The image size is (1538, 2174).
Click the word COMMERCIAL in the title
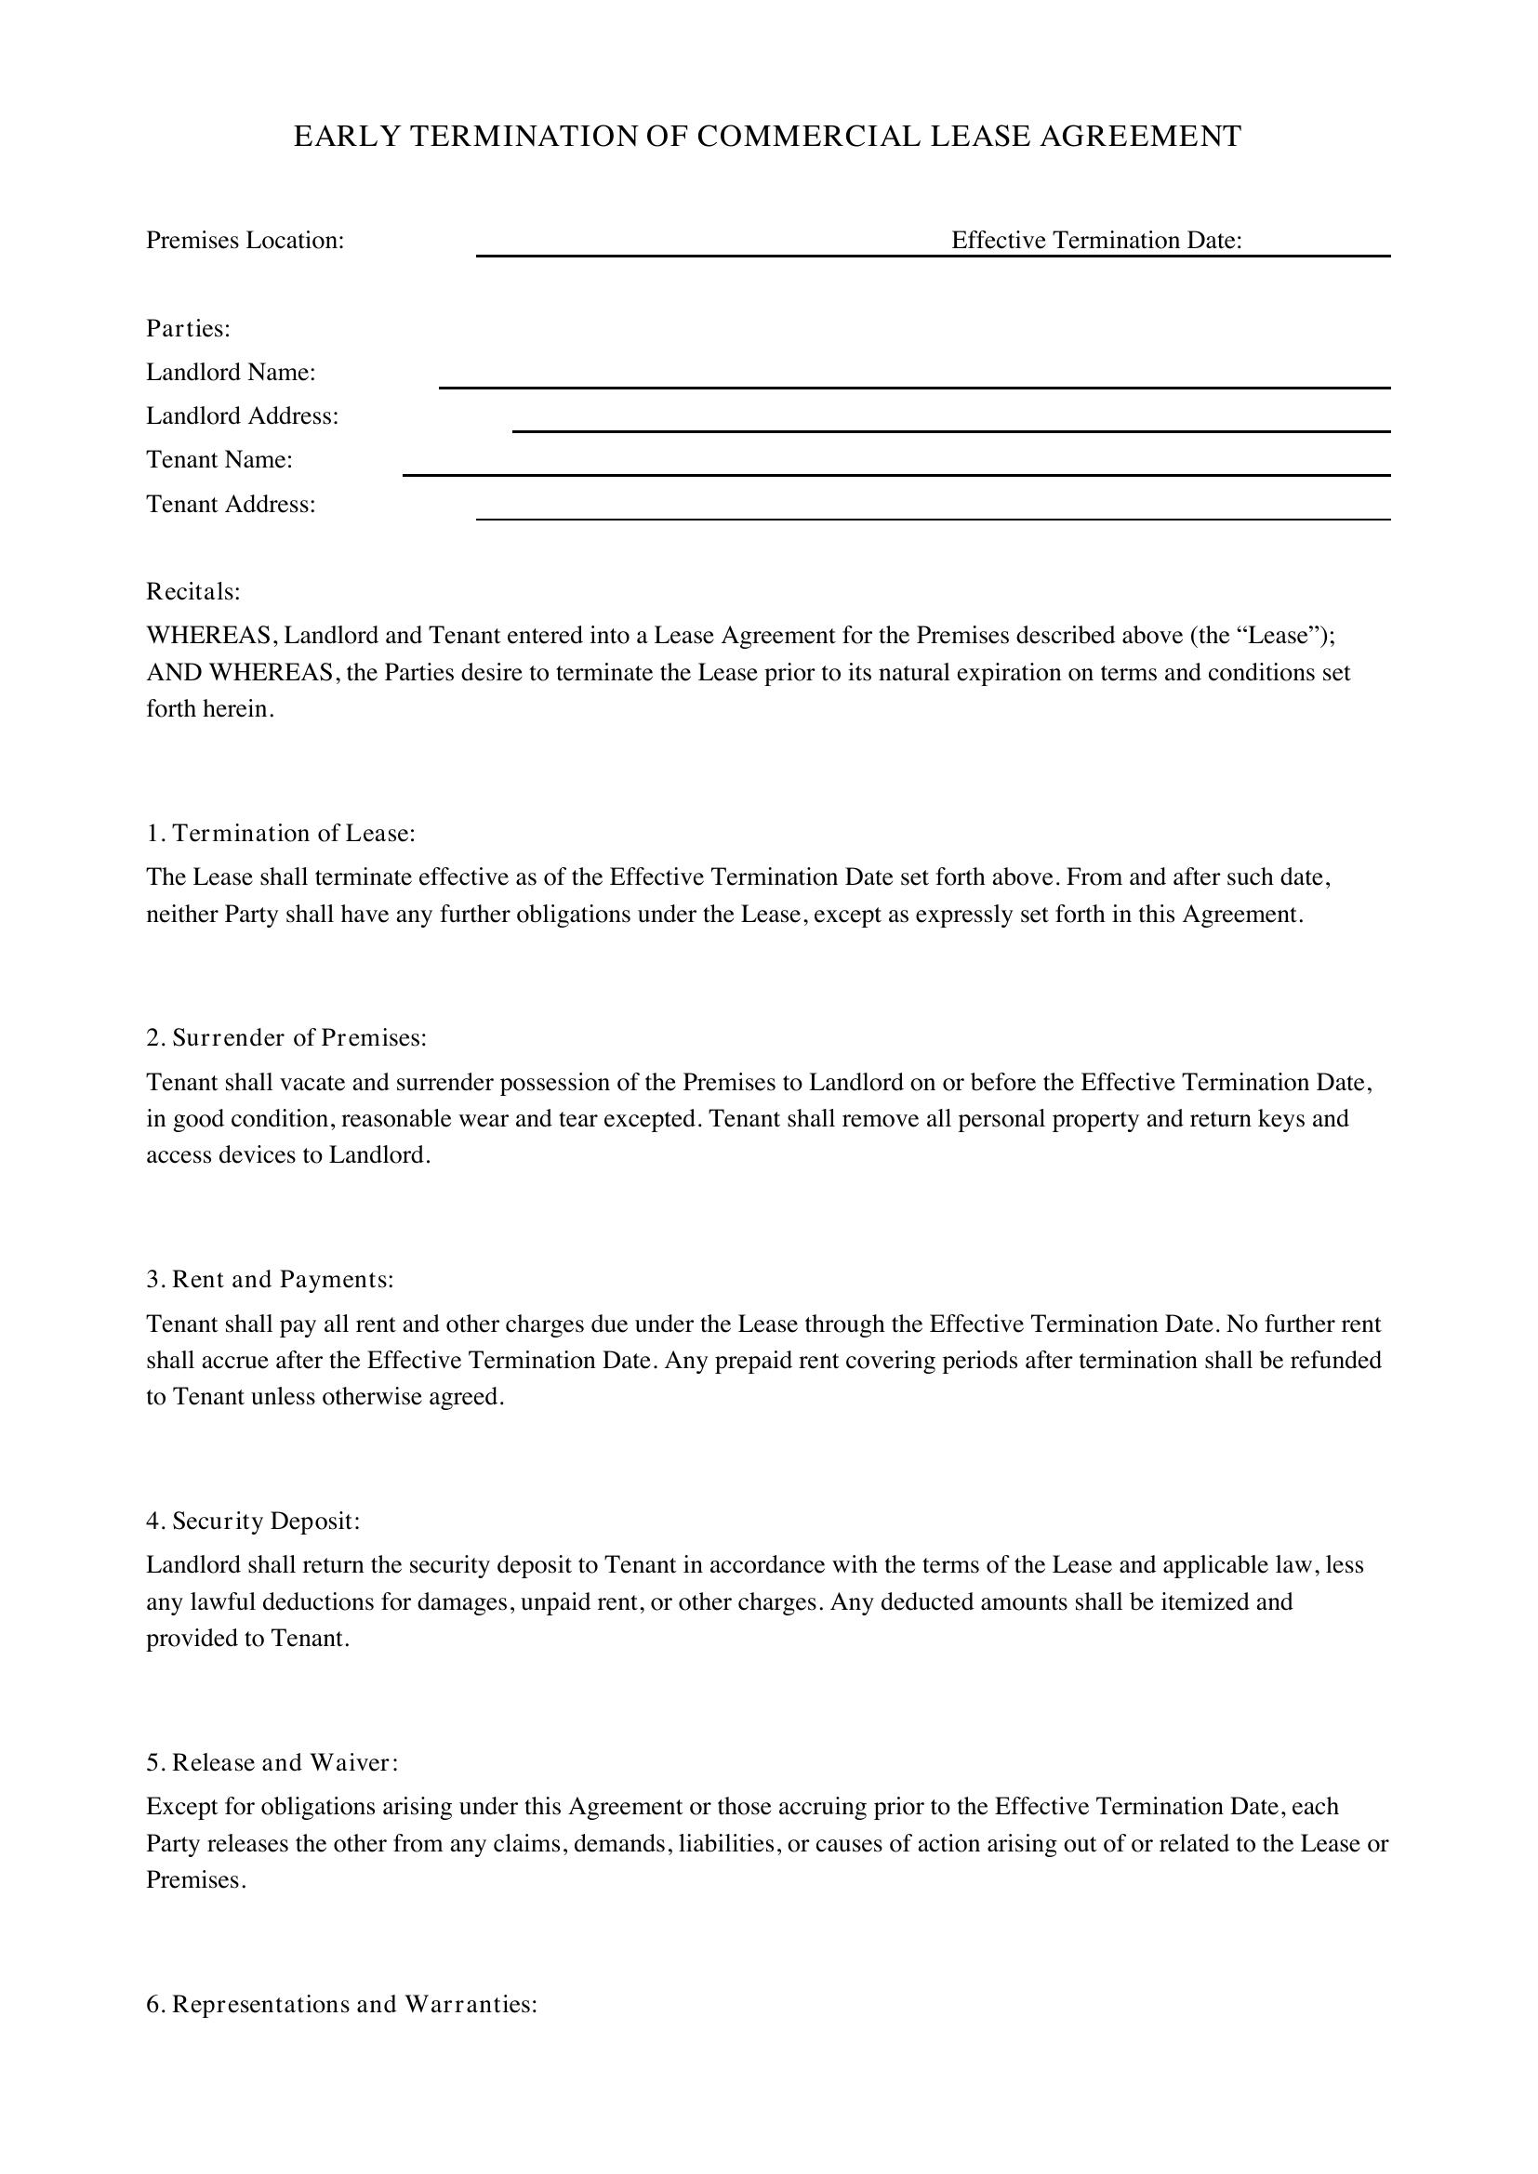808,138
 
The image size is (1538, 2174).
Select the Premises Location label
245,241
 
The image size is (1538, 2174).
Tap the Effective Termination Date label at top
1095,241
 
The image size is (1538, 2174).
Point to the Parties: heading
189,328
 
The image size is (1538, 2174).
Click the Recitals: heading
193,592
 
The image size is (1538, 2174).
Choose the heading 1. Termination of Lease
280,833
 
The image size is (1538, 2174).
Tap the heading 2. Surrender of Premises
286,1038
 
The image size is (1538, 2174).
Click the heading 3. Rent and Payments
269,1279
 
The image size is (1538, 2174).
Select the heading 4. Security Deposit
253,1521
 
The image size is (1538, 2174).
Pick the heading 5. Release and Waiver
272,1762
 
